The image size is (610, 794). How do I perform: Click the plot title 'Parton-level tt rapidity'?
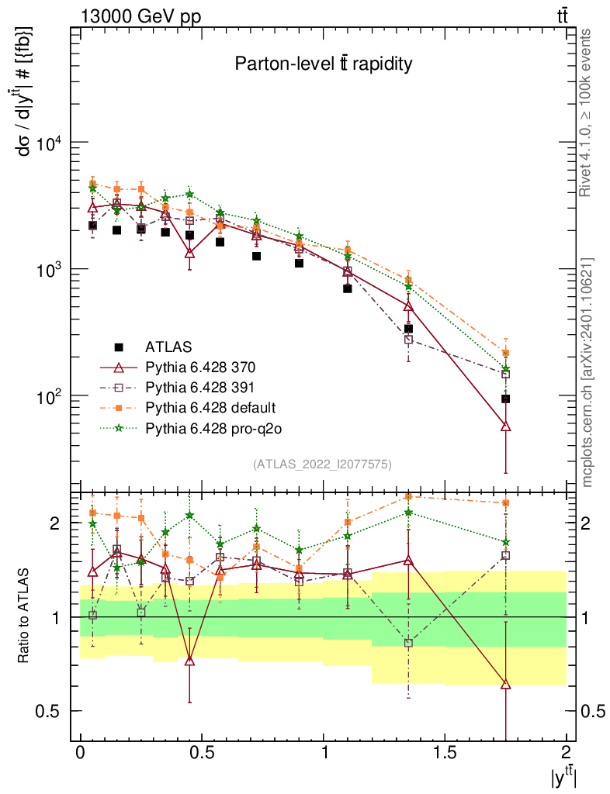pyautogui.click(x=323, y=64)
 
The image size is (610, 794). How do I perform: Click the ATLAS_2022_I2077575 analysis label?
pyautogui.click(x=322, y=464)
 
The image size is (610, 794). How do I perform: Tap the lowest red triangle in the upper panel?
pyautogui.click(x=506, y=426)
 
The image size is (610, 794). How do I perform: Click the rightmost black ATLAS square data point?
pyautogui.click(x=505, y=399)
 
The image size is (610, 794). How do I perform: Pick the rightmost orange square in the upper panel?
pyautogui.click(x=506, y=354)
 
